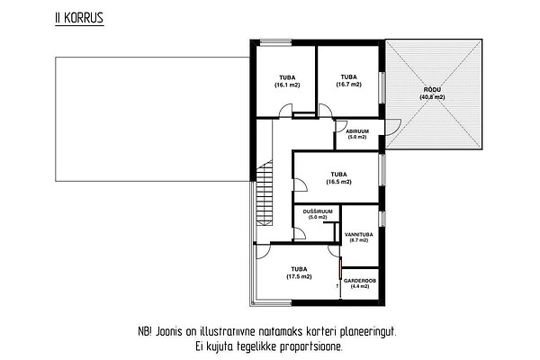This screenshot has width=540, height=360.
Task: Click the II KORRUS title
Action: point(79,18)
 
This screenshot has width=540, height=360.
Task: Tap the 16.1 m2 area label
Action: point(287,85)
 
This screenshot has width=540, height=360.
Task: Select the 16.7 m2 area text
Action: point(349,85)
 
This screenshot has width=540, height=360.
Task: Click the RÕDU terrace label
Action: point(432,90)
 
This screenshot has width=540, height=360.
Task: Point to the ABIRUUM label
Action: point(357,131)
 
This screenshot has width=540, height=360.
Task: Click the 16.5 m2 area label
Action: point(339,182)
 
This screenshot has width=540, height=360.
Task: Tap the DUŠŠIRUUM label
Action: point(318,211)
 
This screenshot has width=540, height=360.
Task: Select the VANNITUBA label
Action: point(359,235)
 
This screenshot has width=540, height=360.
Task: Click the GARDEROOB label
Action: point(360,281)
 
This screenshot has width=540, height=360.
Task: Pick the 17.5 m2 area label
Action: point(299,276)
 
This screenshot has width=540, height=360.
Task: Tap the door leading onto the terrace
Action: point(393,128)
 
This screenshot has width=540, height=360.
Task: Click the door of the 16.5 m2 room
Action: point(300,185)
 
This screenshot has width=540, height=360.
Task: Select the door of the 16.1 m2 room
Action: point(285,111)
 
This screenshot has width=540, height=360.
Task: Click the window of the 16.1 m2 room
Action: point(275,42)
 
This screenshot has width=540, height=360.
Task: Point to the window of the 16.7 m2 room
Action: point(382,87)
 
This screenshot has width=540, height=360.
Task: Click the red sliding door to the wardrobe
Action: point(339,267)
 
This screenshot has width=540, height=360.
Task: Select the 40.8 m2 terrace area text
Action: point(432,97)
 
